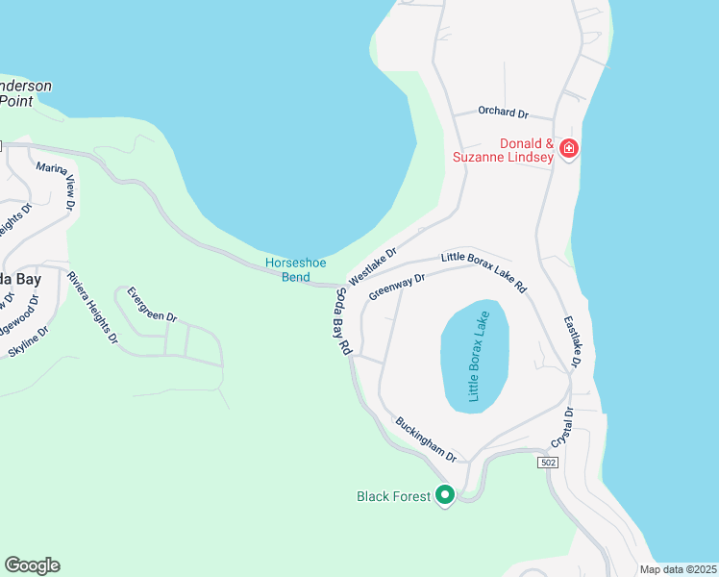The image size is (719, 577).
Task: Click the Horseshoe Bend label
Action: [288, 270]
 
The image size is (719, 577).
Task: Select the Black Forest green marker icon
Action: [444, 495]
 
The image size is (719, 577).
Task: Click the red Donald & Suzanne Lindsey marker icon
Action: [568, 148]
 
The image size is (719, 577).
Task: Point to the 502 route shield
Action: [547, 463]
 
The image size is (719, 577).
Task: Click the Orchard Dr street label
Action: [504, 113]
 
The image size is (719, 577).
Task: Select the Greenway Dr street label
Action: [396, 286]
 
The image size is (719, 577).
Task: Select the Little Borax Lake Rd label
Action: [484, 272]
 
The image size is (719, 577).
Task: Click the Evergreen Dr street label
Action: [152, 302]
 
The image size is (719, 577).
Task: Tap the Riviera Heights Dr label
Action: [92, 307]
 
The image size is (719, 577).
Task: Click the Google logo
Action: [32, 564]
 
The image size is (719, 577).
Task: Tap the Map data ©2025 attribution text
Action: [678, 569]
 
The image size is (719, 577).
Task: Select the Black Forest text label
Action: [393, 496]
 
